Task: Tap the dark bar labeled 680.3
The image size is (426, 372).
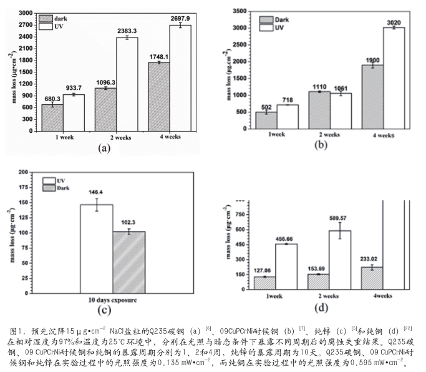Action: [52, 118]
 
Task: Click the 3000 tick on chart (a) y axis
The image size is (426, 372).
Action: [26, 13]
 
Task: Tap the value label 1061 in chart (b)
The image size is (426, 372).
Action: [341, 87]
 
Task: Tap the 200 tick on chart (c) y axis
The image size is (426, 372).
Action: [41, 172]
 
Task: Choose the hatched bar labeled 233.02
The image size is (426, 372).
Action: [372, 278]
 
